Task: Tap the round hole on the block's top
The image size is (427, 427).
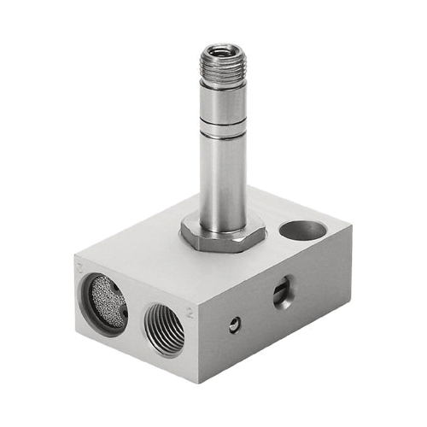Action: pyautogui.click(x=303, y=230)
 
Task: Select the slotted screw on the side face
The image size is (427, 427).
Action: pyautogui.click(x=283, y=295)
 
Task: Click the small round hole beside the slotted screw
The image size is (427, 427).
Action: pyautogui.click(x=234, y=324)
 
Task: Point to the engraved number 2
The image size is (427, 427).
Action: pyautogui.click(x=190, y=314)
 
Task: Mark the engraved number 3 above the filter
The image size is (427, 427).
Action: pyautogui.click(x=79, y=267)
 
